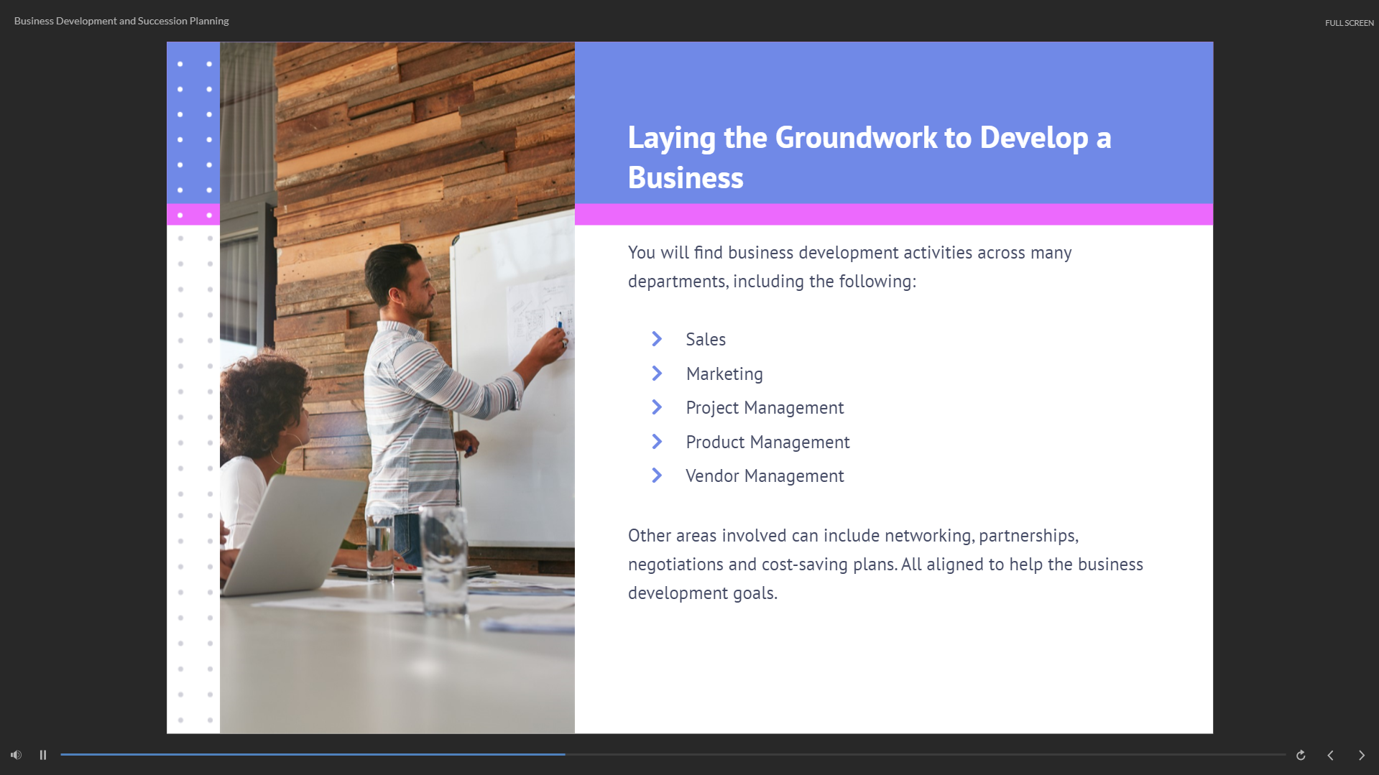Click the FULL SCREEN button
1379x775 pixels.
[x=1349, y=23]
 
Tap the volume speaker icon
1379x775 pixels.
[x=16, y=755]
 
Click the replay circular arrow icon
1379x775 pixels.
[x=1301, y=755]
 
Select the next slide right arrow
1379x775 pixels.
[x=1361, y=755]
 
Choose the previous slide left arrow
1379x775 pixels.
[x=1330, y=755]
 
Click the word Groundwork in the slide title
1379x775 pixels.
[x=856, y=137]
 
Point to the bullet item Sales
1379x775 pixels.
[x=706, y=339]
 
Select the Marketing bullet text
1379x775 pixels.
[x=724, y=373]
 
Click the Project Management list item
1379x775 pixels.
[x=765, y=407]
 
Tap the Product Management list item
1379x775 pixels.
[x=767, y=442]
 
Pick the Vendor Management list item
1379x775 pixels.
[x=765, y=475]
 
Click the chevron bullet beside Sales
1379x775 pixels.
[x=657, y=339]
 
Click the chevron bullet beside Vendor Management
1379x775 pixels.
[x=657, y=475]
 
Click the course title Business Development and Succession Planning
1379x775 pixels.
[x=121, y=21]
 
